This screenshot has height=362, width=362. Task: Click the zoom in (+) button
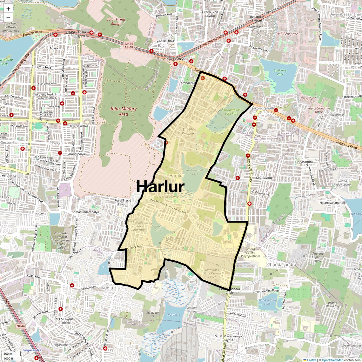coord(8,9)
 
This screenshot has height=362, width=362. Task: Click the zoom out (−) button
coord(8,18)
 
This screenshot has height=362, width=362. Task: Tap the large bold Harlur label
coord(160,186)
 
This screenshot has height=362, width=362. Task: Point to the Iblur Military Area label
coord(124,111)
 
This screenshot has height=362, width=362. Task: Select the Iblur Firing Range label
coord(116,21)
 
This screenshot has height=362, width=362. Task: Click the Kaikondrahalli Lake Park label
coord(231,111)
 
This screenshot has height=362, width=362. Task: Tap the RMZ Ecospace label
coord(286,34)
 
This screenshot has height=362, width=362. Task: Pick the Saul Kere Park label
coord(280,72)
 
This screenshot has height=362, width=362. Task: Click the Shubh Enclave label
coord(188,131)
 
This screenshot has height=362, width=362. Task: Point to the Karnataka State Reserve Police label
coord(212,273)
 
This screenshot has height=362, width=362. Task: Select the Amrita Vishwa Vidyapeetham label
coord(251,253)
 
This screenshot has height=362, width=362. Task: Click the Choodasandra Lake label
coord(267,302)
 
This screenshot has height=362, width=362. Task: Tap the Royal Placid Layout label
coord(123,202)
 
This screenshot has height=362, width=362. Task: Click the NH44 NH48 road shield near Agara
coord(129,45)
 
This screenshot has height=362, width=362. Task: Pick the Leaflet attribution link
coord(312,360)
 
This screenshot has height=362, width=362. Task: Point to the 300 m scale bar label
coord(8,353)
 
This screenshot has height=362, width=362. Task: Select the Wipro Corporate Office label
coord(318,110)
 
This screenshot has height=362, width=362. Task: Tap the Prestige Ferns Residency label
coord(168,195)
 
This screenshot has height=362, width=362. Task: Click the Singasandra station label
coord(32,350)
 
